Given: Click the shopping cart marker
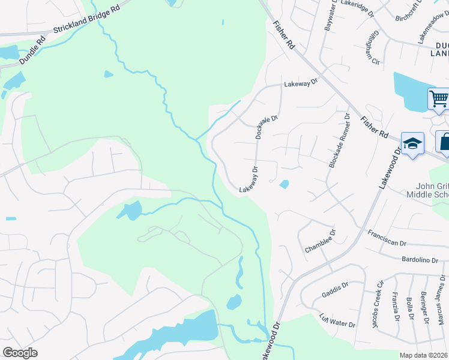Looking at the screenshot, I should (439, 98).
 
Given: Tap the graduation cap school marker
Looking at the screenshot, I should (412, 144).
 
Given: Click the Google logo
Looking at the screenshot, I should (20, 353).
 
